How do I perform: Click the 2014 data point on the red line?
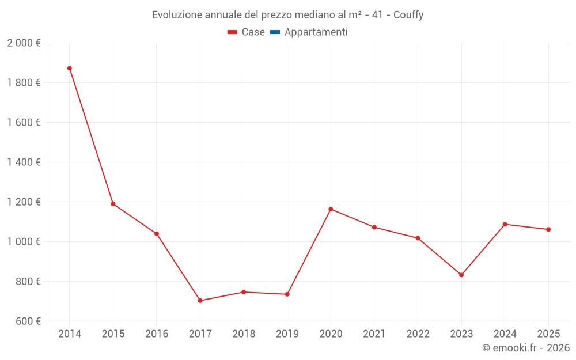70,69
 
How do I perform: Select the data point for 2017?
200,301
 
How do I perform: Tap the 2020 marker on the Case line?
331,209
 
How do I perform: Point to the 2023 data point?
461,275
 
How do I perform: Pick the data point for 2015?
113,204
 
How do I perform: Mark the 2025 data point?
548,229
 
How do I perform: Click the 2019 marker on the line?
287,294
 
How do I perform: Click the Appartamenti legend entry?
316,32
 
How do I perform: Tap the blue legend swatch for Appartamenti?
275,32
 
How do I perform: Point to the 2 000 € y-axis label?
24,43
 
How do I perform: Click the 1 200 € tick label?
24,202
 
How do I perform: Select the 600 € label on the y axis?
27,321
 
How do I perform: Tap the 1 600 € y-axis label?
24,123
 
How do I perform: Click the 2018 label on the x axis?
244,334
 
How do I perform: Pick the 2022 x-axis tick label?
418,334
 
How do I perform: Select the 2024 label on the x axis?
505,334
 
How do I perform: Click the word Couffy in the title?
408,15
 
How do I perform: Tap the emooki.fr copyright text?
526,348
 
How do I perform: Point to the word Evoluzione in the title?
175,15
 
